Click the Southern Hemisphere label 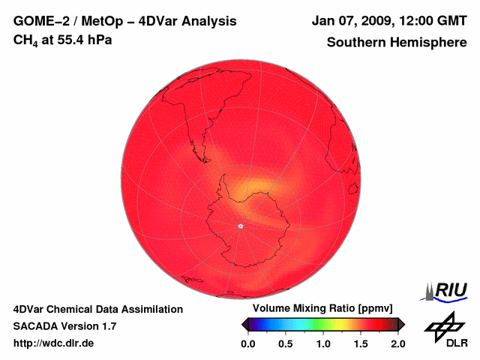(397, 42)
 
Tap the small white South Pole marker (240, 226)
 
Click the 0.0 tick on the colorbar (248, 343)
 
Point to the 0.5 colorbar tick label (286, 343)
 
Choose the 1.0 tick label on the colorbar (323, 343)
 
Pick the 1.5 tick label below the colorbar (361, 343)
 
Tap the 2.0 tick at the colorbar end (397, 343)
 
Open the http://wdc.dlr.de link (54, 344)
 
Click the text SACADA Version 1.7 (64, 326)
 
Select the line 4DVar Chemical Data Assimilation (97, 309)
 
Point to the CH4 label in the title (27, 40)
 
